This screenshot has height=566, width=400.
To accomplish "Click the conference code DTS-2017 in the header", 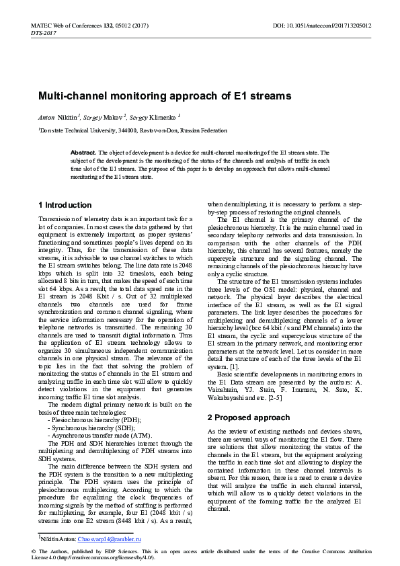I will tap(43, 32).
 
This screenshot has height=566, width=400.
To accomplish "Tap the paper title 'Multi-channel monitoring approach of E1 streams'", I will tap(165, 96).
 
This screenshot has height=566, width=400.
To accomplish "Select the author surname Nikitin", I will tap(68, 117).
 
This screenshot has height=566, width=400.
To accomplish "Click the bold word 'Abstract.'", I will tap(83, 153).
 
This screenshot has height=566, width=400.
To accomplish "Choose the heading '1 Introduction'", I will tap(65, 205).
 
